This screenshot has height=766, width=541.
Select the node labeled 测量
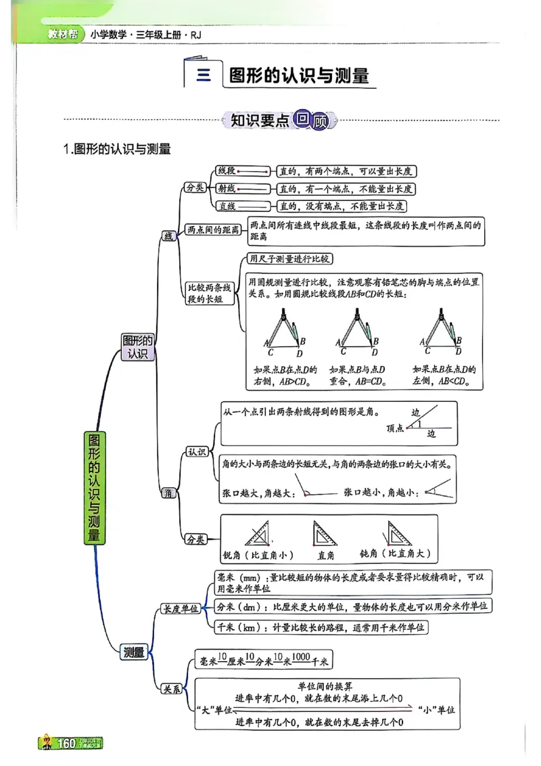click(134, 652)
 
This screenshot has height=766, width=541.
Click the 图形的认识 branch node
click(137, 346)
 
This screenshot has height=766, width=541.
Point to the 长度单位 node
click(181, 608)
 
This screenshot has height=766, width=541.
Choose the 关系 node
click(170, 690)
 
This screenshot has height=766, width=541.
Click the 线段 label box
click(226, 171)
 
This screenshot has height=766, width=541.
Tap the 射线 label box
click(226, 189)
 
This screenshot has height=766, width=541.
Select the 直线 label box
click(226, 206)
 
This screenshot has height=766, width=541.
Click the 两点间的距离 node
click(213, 230)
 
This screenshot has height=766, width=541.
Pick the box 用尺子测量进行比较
click(290, 258)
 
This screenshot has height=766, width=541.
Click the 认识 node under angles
click(196, 451)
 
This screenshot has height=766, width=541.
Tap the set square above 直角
click(325, 535)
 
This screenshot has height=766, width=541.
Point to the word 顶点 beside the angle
click(395, 428)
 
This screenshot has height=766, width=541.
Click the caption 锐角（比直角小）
click(258, 555)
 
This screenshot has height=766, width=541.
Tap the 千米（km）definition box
click(321, 627)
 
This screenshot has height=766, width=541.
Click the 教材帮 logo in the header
click(61, 35)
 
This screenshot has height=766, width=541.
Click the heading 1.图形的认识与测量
click(116, 149)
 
